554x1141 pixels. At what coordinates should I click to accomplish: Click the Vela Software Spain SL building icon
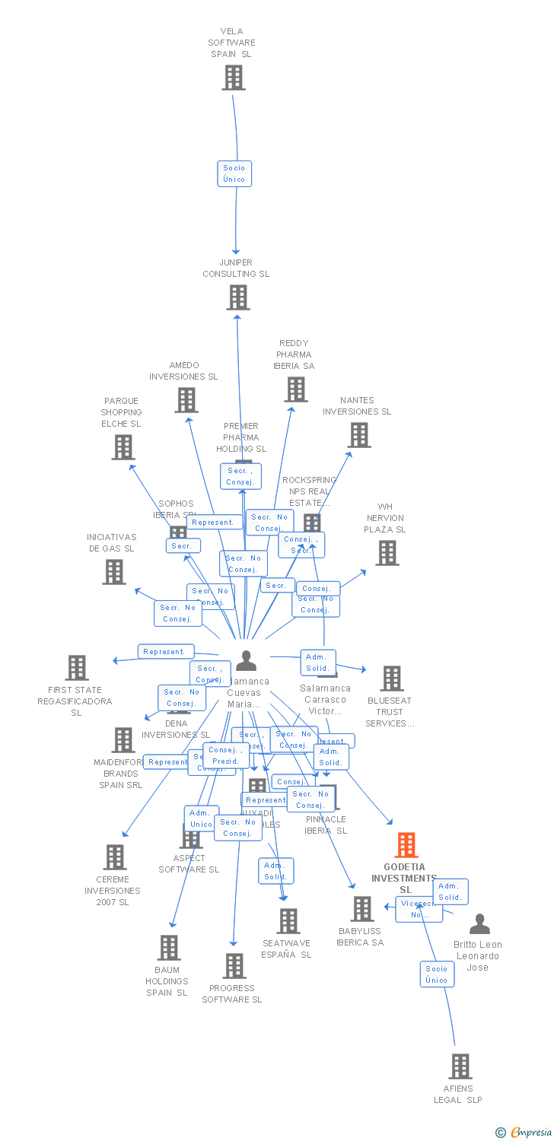(234, 78)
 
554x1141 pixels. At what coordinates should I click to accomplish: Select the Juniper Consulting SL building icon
(238, 297)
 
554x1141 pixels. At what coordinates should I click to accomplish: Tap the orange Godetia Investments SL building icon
(406, 845)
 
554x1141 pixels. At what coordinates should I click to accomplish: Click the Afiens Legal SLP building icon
(460, 1066)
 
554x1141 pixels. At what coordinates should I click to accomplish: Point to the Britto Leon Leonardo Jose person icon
(479, 924)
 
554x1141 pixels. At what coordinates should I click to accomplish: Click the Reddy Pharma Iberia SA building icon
(296, 389)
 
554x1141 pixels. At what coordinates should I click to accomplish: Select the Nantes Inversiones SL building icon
(359, 435)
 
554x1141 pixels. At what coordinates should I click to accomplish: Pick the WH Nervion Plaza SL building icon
(387, 553)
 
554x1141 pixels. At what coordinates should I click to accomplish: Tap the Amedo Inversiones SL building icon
(186, 400)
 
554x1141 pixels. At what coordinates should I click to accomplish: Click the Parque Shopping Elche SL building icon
(123, 447)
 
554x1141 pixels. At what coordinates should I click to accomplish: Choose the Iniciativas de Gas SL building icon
(114, 572)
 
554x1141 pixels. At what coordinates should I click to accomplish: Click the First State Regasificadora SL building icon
(77, 668)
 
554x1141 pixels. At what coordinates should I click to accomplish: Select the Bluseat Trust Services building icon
(391, 679)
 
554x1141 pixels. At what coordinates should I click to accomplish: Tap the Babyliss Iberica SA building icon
(362, 908)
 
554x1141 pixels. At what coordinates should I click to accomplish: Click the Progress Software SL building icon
(234, 966)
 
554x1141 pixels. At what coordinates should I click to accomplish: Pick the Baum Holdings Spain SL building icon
(169, 948)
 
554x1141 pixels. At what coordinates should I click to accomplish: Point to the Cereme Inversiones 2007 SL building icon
(115, 857)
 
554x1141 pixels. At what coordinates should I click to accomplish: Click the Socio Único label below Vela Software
(234, 173)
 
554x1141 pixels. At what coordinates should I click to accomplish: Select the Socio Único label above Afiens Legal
(437, 974)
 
